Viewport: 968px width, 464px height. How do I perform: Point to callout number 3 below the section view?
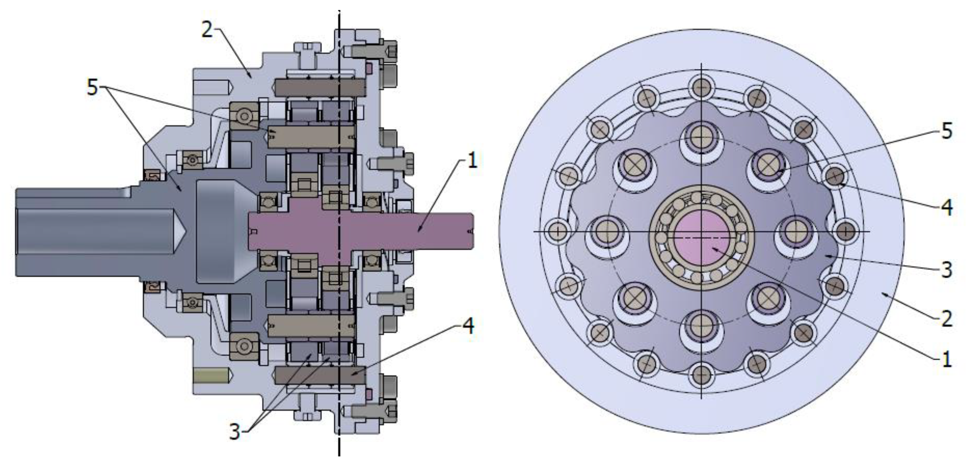click(x=234, y=432)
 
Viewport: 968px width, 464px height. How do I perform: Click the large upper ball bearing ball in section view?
click(x=244, y=115)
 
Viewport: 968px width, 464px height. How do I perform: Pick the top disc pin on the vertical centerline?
click(x=701, y=136)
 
